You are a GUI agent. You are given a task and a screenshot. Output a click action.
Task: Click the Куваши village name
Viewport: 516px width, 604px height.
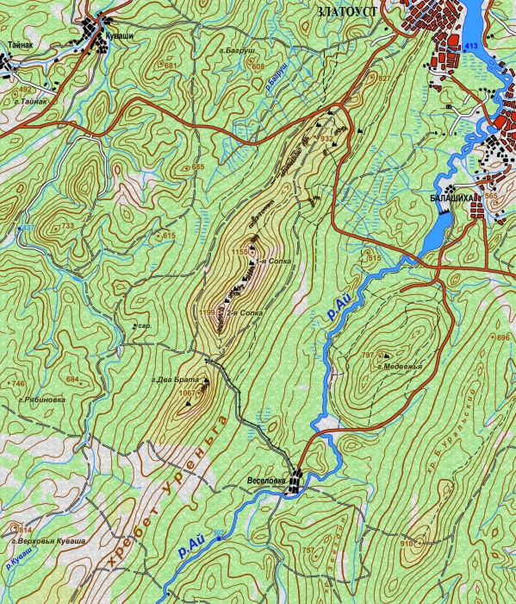(x=118, y=36)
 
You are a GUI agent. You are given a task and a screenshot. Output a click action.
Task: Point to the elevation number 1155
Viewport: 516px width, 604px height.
(x=239, y=251)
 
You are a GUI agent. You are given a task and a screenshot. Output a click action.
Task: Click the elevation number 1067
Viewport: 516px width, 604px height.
(x=186, y=393)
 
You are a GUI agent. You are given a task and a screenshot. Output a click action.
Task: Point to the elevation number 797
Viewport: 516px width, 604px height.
(x=368, y=355)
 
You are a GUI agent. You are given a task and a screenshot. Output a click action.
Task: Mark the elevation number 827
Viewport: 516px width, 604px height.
(x=384, y=79)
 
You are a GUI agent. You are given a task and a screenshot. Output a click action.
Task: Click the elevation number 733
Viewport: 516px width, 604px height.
(x=67, y=225)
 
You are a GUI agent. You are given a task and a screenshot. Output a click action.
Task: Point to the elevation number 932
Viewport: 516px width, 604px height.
(x=326, y=138)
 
